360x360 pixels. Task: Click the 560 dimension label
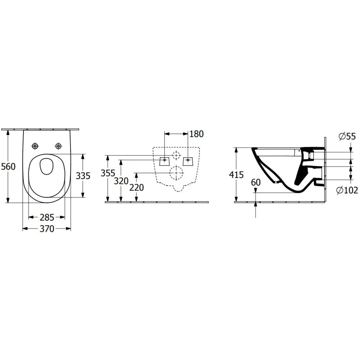tap(8, 166)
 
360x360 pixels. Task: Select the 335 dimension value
tap(83, 176)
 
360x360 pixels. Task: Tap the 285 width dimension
tap(47, 217)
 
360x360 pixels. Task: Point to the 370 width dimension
tap(47, 229)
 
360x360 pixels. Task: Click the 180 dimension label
tap(197, 134)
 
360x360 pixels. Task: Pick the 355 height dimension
tap(108, 173)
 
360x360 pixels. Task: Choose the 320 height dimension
tap(121, 181)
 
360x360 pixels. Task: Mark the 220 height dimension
tap(136, 188)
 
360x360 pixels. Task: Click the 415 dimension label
tap(236, 175)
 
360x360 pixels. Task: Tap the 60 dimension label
tap(256, 183)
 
